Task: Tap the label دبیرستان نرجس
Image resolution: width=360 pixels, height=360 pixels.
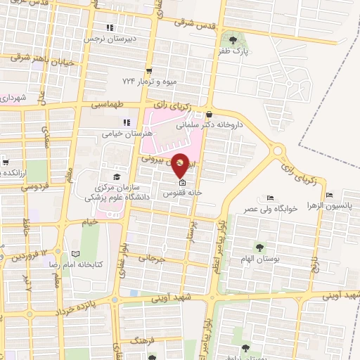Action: pos(109,39)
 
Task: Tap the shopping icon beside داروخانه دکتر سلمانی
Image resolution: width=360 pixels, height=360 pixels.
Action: pos(209,115)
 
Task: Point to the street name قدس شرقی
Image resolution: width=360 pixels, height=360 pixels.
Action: pos(193,22)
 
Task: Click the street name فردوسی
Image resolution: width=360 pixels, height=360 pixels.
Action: pos(34,188)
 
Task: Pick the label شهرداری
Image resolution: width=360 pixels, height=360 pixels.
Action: pos(14,98)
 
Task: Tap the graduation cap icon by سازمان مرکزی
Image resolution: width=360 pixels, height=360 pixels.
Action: pos(116,176)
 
